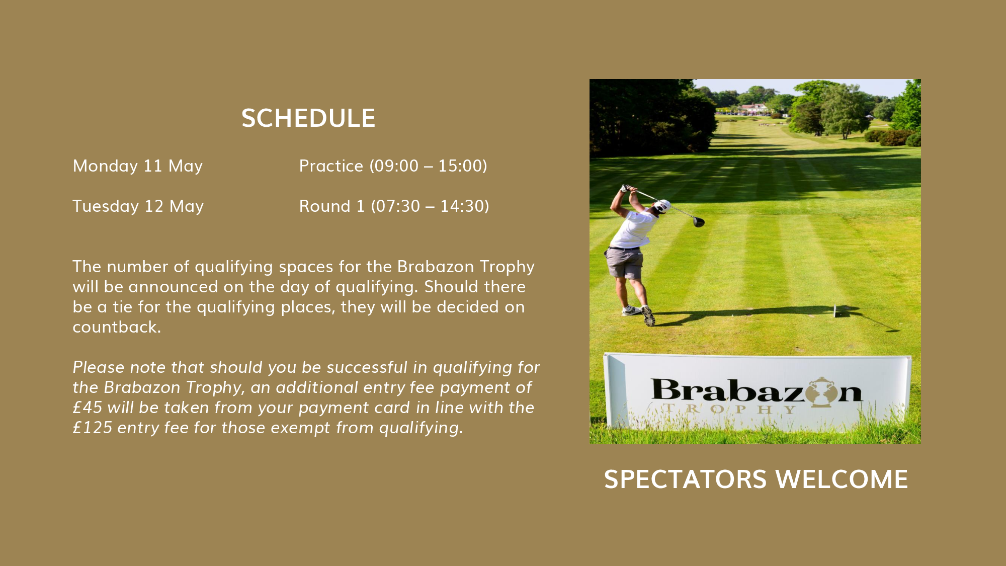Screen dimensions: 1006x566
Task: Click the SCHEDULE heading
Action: point(308,118)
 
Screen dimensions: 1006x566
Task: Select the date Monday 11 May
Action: point(138,166)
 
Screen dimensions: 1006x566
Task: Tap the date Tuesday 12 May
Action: point(138,206)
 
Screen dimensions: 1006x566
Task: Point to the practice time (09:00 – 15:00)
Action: point(429,166)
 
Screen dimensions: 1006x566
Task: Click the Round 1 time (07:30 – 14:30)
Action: point(430,206)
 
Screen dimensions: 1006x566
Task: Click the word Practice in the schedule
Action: point(331,166)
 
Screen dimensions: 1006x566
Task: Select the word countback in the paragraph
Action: point(116,327)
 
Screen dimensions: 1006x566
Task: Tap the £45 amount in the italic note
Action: point(88,408)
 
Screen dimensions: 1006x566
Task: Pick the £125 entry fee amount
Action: point(93,428)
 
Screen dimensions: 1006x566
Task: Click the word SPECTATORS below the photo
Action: point(686,479)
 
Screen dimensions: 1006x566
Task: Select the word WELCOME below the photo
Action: point(842,479)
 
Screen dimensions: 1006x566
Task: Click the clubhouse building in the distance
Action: point(753,108)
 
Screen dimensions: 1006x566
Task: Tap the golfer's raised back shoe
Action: point(648,316)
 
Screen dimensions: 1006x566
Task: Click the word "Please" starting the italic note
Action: point(99,367)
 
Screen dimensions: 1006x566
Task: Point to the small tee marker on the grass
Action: point(835,311)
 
